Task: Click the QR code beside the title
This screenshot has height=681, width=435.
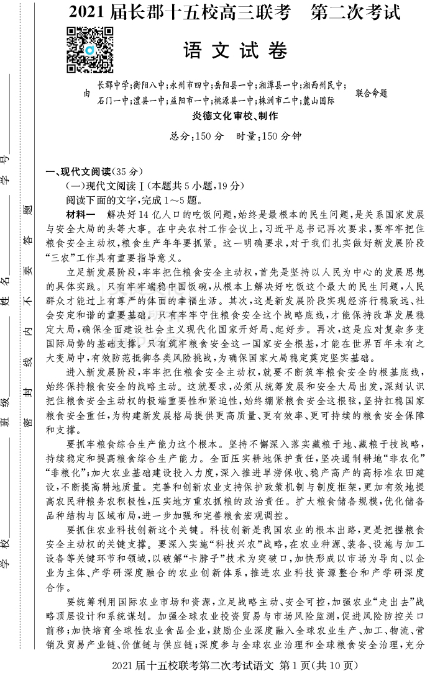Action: click(x=90, y=50)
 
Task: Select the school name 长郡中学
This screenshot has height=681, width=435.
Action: click(x=112, y=86)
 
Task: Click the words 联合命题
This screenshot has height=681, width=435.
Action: click(x=371, y=93)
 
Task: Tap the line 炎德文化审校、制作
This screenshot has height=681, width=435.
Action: click(x=236, y=116)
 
